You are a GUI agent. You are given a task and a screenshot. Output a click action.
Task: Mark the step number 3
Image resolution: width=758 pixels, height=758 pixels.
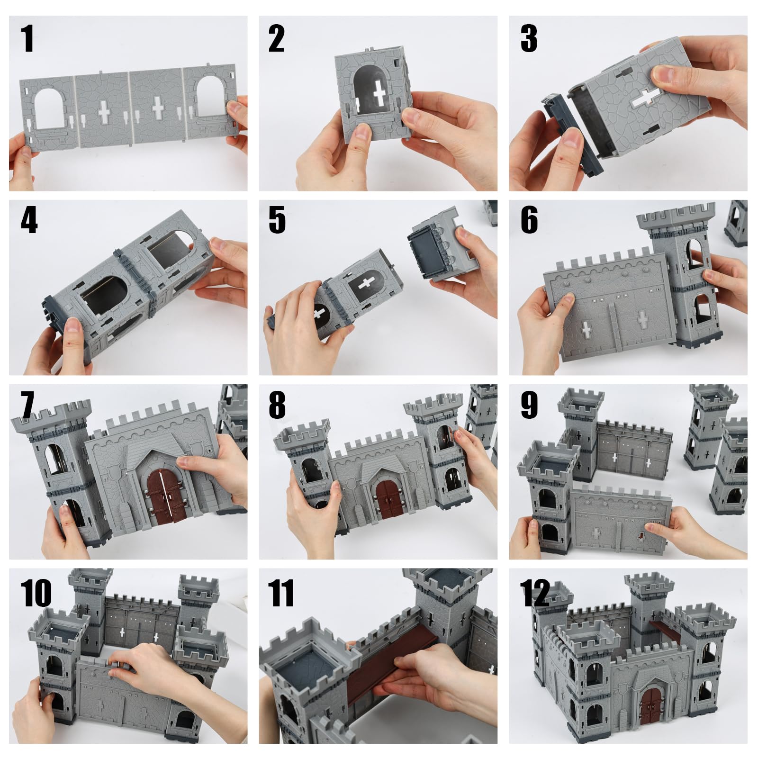click(x=529, y=38)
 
